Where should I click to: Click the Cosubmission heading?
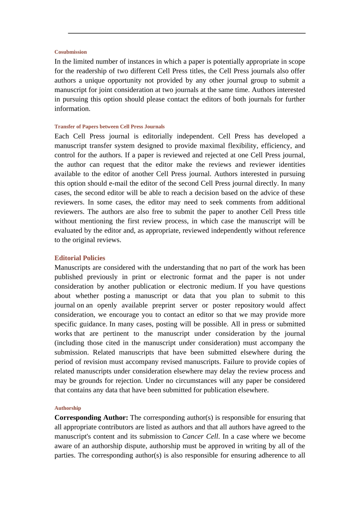coord(70,52)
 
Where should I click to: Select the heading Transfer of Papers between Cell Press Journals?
coord(110,126)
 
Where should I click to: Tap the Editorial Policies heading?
coord(80,258)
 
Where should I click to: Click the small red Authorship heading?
coord(67,408)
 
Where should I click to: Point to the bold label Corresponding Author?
coord(91,417)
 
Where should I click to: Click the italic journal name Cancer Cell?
coord(200,436)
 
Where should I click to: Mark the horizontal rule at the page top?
coord(186,33)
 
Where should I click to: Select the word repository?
coord(249,305)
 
